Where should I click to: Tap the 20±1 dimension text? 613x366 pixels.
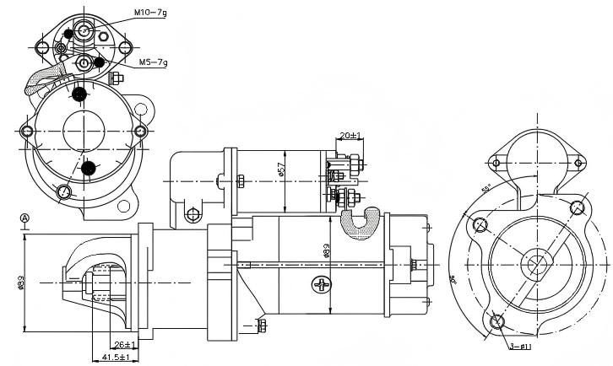(350, 135)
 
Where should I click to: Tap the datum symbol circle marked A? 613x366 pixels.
(24, 218)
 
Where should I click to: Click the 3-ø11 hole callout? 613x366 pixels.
(521, 347)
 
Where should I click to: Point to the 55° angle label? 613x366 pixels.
(487, 190)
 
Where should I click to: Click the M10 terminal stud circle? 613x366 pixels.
(84, 30)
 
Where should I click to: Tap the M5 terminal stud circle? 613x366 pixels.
(84, 63)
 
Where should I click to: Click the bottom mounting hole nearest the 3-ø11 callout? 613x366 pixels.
(496, 321)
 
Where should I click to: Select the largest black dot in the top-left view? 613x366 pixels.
(81, 95)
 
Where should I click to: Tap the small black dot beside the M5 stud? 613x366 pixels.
(100, 62)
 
